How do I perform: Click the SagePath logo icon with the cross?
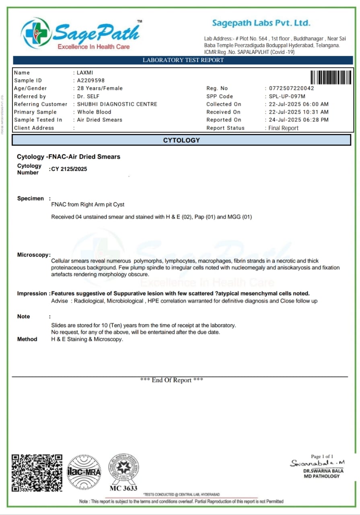click(x=35, y=33)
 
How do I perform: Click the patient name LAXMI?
click(x=86, y=73)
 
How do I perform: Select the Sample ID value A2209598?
click(x=91, y=80)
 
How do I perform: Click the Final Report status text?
click(x=284, y=128)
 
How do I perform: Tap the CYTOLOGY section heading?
click(x=181, y=140)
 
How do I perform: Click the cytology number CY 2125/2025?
click(x=69, y=169)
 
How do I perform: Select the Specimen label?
click(x=31, y=198)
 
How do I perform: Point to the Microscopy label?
click(x=33, y=255)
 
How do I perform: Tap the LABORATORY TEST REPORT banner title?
click(x=183, y=60)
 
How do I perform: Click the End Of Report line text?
click(x=171, y=380)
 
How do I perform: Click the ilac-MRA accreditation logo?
click(x=84, y=472)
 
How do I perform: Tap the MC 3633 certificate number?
click(x=123, y=488)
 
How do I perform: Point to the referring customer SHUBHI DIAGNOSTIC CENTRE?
click(x=117, y=104)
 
